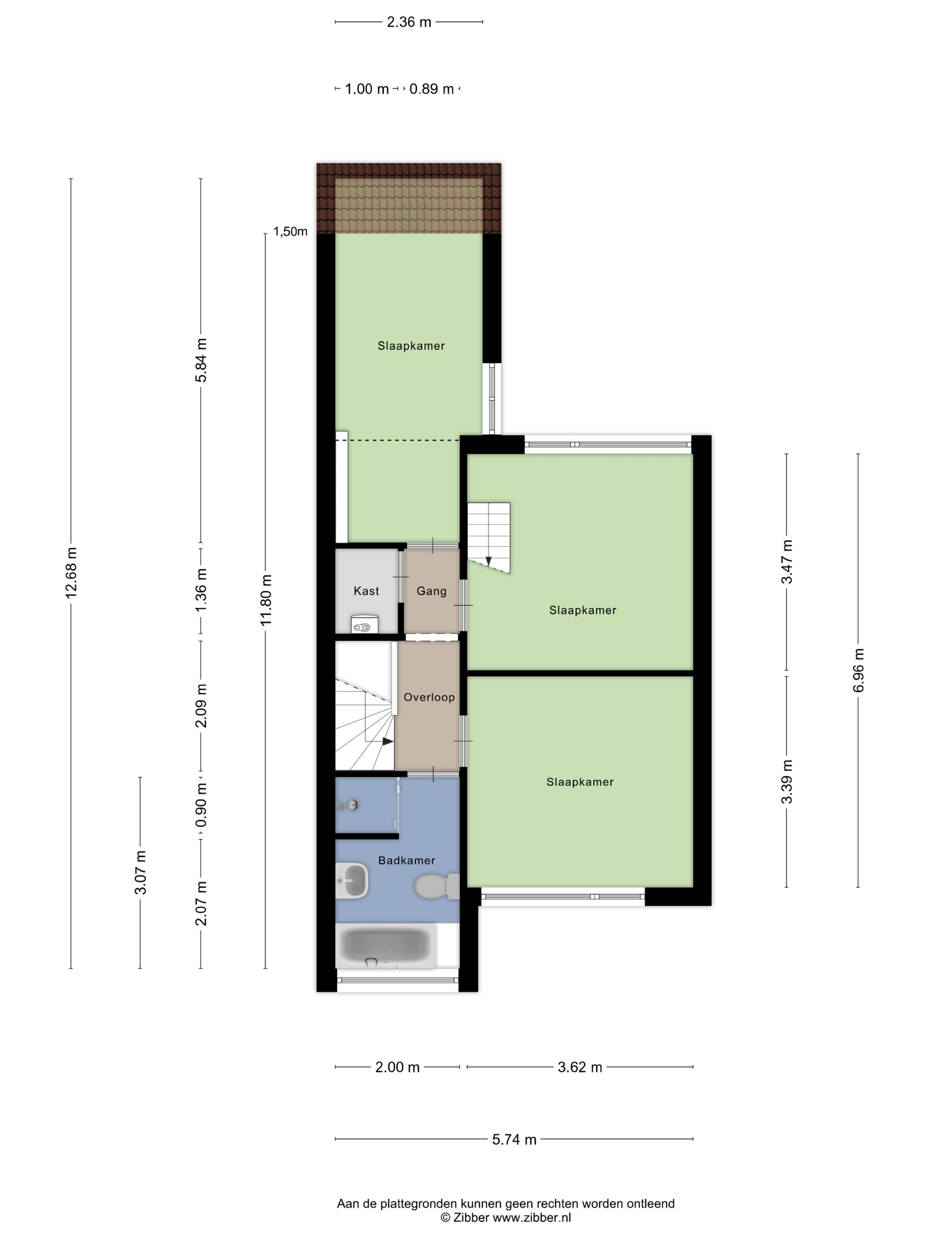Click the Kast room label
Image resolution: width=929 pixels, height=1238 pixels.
[x=366, y=591]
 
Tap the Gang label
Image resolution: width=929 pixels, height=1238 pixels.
[x=431, y=591]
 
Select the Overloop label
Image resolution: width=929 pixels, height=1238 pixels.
[x=429, y=697]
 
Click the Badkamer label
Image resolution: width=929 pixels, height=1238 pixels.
[x=407, y=861]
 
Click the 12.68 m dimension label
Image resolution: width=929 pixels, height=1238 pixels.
[x=71, y=573]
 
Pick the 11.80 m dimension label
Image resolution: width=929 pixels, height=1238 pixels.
[x=265, y=600]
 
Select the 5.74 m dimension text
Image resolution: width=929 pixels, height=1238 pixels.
[x=514, y=1139]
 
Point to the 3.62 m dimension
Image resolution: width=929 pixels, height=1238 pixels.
[x=580, y=1067]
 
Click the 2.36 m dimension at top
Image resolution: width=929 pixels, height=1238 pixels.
[x=409, y=22]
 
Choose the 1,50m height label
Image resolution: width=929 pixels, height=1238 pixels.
[x=290, y=232]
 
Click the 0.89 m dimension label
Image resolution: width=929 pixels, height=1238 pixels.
[x=431, y=89]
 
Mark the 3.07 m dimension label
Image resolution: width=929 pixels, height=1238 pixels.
[x=140, y=872]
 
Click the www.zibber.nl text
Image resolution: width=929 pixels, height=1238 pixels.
[x=531, y=1217]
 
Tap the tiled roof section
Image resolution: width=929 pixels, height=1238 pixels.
[x=409, y=198]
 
